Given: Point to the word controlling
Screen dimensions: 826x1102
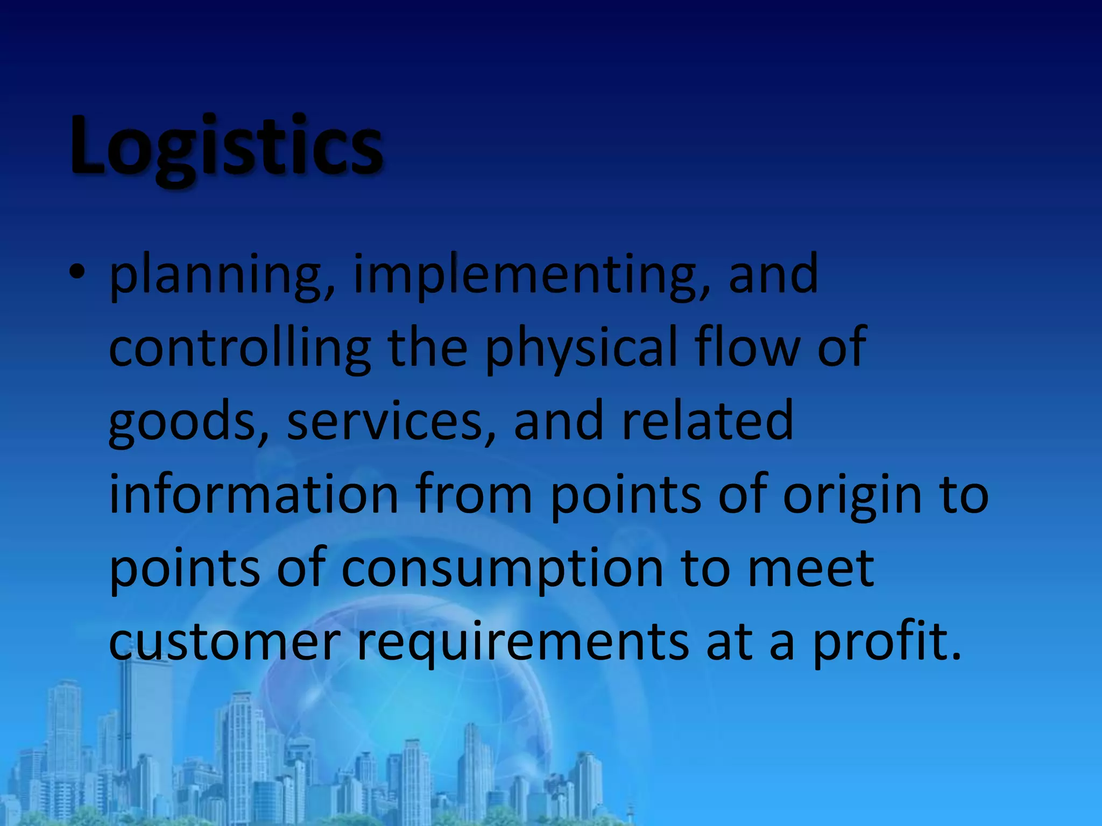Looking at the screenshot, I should pos(239,348).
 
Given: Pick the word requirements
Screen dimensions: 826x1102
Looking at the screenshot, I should pos(522,643).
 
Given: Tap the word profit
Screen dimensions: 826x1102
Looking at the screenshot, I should pos(886,643).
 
